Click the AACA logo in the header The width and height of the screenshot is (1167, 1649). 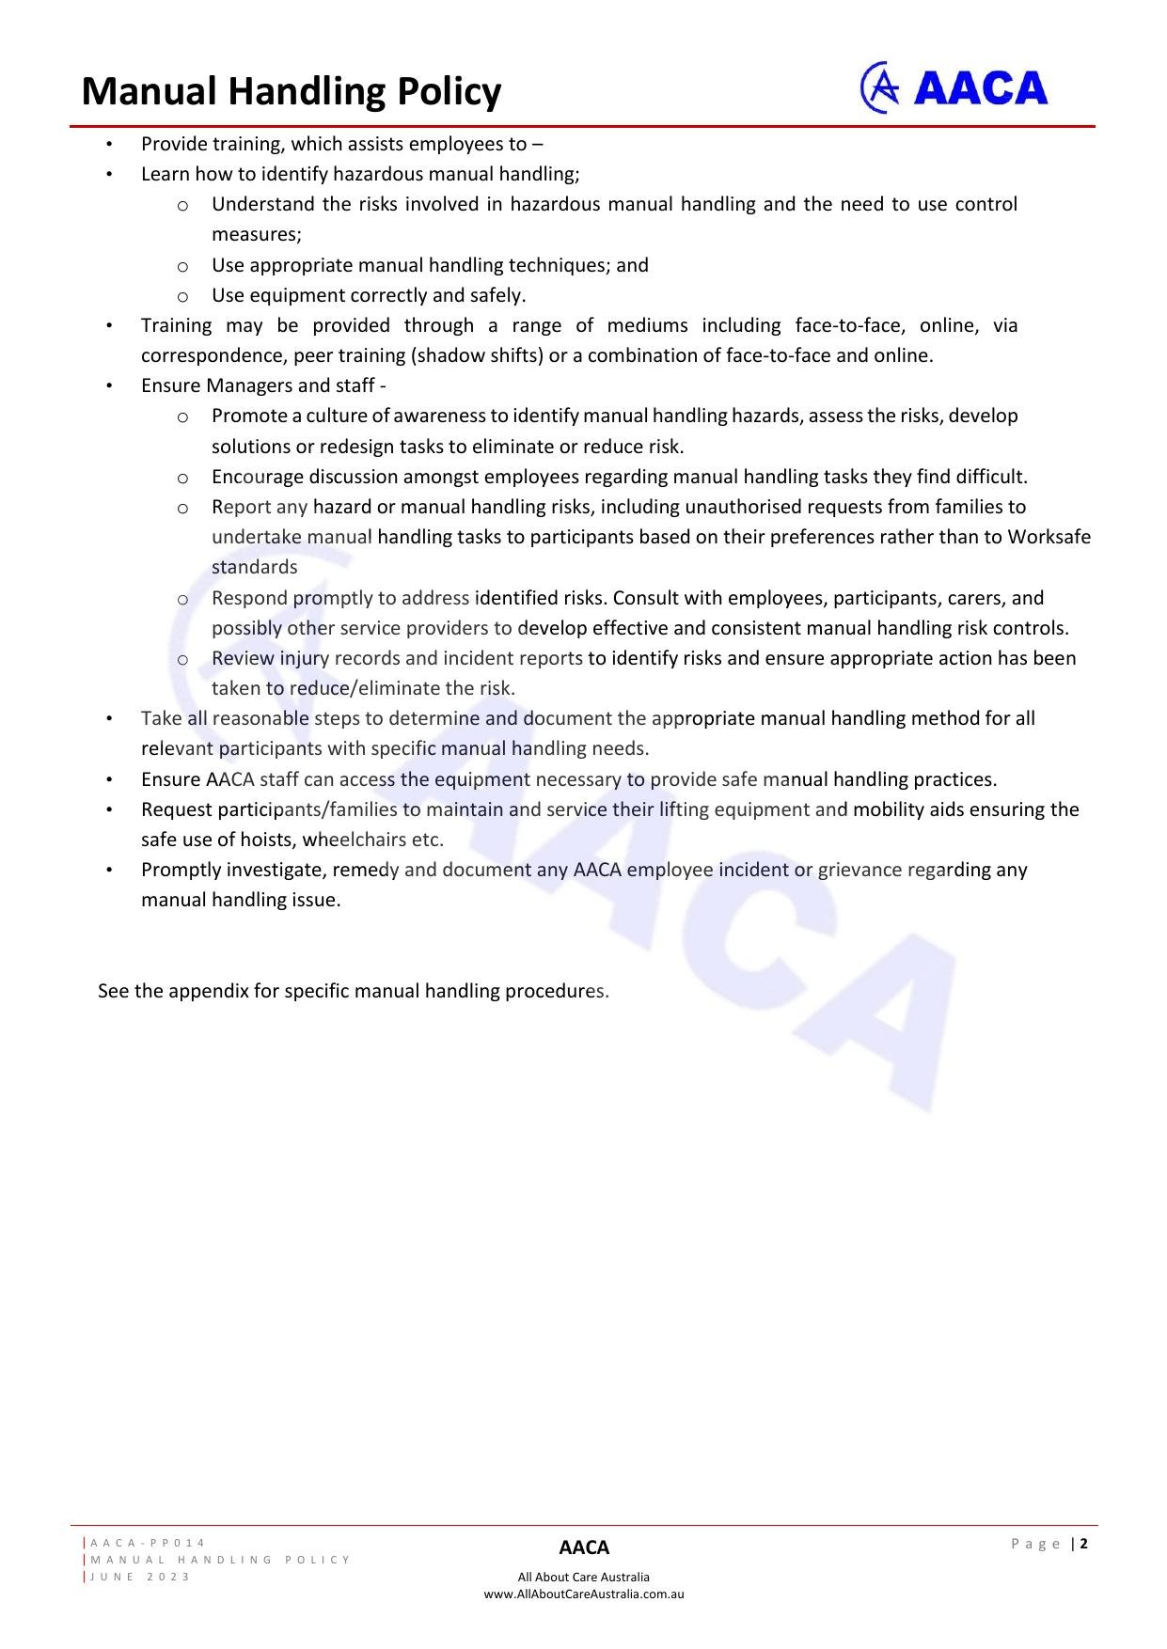coord(954,88)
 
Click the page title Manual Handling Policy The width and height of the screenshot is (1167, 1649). coord(292,92)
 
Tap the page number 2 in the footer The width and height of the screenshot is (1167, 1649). coord(1084,1543)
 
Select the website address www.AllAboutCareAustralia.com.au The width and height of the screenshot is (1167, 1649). coord(583,1594)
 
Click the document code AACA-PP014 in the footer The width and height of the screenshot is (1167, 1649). coord(148,1543)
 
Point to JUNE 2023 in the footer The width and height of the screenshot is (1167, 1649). coord(140,1577)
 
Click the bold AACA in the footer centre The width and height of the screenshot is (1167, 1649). coord(584,1547)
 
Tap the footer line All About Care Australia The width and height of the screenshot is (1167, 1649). coord(583,1577)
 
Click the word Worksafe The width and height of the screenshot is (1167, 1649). coord(1049,537)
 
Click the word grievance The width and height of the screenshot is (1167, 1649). coord(859,870)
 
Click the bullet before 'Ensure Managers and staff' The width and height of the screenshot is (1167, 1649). coord(109,385)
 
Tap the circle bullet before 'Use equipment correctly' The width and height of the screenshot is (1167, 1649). coord(182,296)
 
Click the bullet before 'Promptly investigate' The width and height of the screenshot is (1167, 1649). coord(109,870)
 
